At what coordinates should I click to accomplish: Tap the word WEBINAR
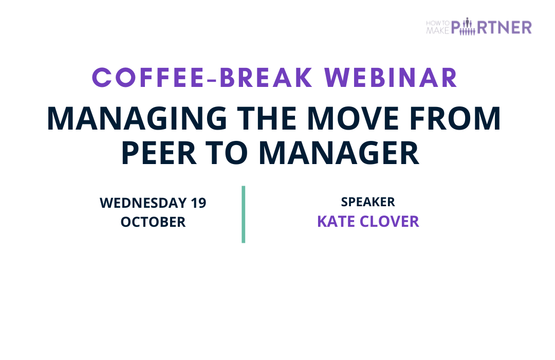click(391, 78)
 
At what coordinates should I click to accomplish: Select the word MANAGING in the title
click(137, 119)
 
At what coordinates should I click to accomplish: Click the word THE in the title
click(267, 119)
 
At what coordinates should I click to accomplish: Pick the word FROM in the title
click(455, 119)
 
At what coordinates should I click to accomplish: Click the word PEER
click(159, 153)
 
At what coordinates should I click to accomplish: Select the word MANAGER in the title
click(339, 153)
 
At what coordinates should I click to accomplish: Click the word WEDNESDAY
click(143, 203)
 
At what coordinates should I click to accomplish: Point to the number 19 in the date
click(198, 203)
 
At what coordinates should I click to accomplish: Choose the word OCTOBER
click(153, 222)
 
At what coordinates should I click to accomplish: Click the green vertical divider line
click(244, 214)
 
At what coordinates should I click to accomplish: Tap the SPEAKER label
click(368, 202)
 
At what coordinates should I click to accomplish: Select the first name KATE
click(336, 222)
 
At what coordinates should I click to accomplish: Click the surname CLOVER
click(390, 222)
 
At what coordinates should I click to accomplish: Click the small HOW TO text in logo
click(438, 23)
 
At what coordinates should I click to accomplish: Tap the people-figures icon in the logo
click(468, 27)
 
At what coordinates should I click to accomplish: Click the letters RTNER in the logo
click(505, 28)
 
